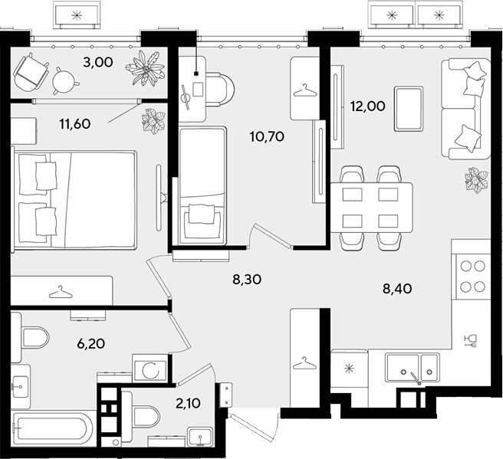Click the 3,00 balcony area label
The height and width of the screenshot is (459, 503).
pos(98,62)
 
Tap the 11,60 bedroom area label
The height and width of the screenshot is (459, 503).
pos(75,123)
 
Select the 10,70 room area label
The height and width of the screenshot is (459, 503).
pos(267,137)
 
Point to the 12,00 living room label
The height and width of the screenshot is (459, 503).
pos(367,106)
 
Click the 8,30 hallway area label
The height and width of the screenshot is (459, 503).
pos(247,280)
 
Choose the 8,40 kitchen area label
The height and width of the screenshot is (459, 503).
pos(397,289)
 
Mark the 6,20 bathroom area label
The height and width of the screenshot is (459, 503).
pos(91,343)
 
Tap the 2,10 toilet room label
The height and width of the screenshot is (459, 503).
pos(188,403)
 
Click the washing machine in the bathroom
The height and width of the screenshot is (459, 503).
pos(150,368)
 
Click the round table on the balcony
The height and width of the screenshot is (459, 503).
pos(65,80)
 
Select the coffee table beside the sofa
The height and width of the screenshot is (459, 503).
pos(409,109)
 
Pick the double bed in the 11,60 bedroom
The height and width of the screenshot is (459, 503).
pos(74,199)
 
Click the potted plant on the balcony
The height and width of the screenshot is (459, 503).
pos(146,68)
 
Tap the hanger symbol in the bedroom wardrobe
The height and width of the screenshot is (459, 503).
pos(61,291)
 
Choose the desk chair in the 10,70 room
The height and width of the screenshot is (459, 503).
pos(219,90)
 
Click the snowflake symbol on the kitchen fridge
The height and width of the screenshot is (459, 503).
pos(349,369)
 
